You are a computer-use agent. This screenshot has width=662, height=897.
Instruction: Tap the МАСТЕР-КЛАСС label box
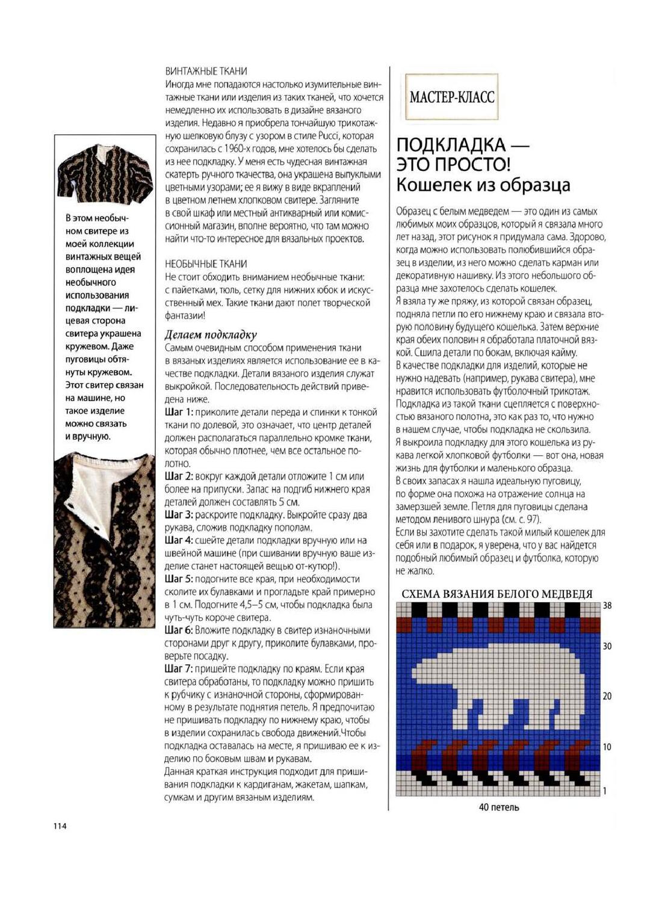[x=452, y=97]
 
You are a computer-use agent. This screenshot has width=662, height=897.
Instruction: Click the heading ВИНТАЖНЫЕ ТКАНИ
[x=206, y=71]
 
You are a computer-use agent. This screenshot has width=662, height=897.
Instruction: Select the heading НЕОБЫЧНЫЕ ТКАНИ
[x=206, y=264]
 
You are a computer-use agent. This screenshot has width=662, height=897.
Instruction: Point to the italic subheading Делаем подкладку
[x=211, y=334]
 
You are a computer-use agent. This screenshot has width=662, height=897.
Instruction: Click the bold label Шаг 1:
[x=179, y=412]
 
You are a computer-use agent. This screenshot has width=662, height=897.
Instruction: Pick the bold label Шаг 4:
[x=179, y=540]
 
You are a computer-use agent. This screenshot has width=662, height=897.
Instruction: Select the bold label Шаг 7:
[x=179, y=668]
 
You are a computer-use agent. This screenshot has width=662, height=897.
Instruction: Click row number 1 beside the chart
[x=605, y=791]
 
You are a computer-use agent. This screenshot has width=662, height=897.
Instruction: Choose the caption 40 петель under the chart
[x=498, y=807]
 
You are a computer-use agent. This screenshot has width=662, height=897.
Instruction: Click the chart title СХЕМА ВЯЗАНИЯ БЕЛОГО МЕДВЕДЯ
[x=497, y=594]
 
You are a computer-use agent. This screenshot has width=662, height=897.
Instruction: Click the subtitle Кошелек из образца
[x=483, y=184]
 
